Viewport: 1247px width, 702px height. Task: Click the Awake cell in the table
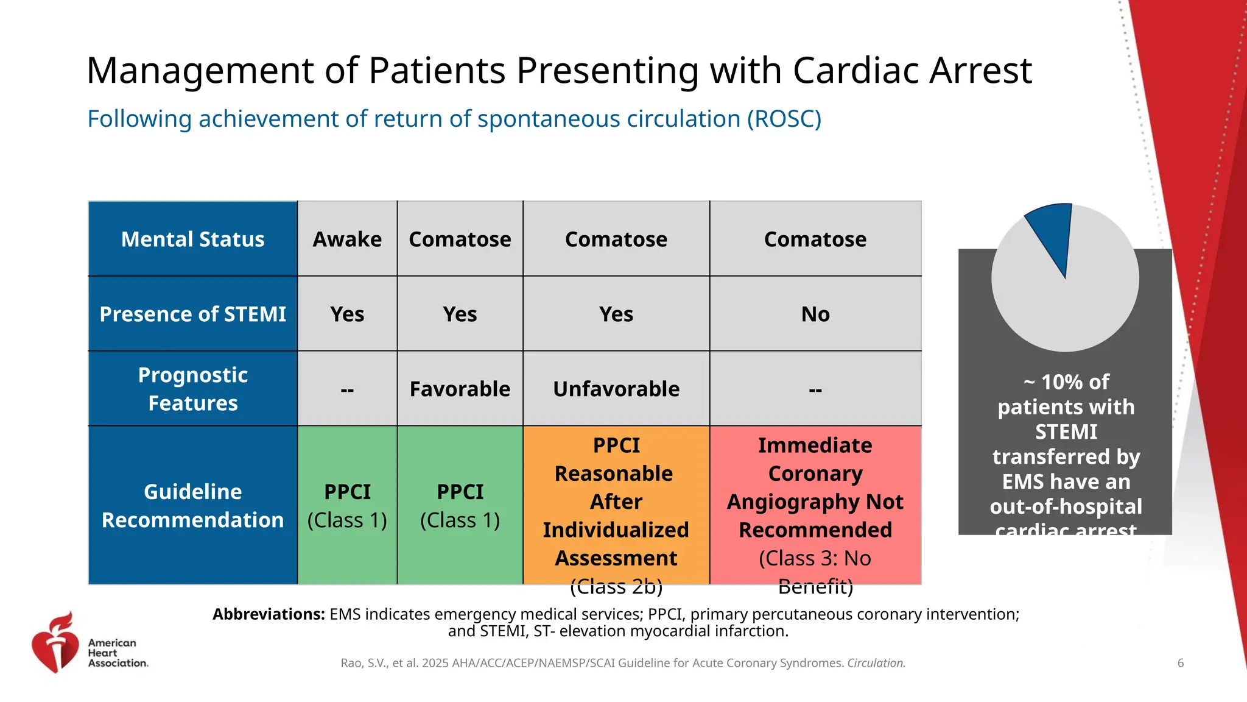[347, 239]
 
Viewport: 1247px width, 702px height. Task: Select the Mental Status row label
[192, 239]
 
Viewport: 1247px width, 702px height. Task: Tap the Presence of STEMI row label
[192, 314]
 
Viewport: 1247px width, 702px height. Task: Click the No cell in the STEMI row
[815, 314]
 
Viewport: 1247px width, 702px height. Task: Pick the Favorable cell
[460, 389]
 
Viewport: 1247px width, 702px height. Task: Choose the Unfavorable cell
[616, 389]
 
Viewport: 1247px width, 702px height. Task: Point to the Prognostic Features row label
[192, 389]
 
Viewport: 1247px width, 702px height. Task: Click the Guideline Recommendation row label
[192, 505]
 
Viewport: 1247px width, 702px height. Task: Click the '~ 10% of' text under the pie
[1066, 382]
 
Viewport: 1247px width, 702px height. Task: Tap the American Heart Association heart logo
[55, 643]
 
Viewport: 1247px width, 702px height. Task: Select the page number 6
[1180, 663]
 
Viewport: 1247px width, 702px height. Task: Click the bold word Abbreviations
[269, 614]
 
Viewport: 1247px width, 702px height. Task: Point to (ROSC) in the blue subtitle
[784, 119]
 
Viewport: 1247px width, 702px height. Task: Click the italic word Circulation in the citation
[876, 663]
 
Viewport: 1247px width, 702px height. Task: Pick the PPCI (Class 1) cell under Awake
[347, 505]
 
